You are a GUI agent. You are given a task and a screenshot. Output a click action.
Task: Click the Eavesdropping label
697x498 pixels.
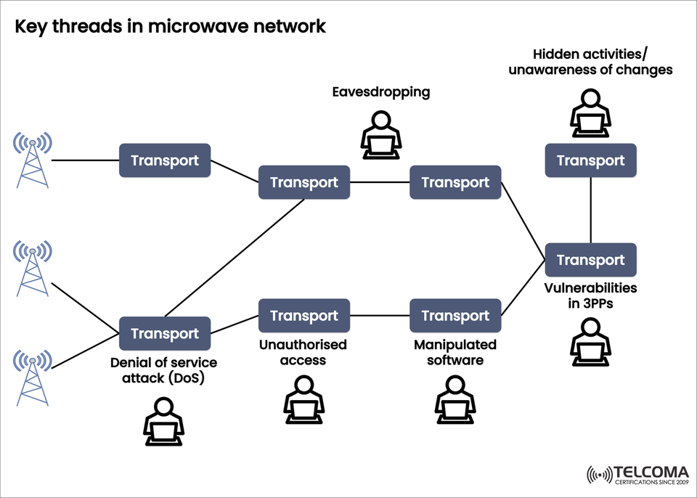380,92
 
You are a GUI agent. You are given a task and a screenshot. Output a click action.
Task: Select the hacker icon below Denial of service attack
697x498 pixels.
163,422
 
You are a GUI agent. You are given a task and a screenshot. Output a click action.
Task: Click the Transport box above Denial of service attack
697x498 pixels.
165,334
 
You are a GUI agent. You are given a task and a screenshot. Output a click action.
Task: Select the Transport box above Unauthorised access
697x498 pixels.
303,316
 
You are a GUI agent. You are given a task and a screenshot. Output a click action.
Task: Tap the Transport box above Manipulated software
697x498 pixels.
455,316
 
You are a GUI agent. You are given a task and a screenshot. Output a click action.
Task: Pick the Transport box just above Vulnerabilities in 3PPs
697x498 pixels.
590,261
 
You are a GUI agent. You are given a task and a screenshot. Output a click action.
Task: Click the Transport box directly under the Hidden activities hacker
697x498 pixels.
590,160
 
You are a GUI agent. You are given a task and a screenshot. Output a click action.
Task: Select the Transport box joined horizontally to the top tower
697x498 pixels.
165,160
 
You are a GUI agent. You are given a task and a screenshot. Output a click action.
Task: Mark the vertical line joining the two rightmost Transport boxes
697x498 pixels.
590,211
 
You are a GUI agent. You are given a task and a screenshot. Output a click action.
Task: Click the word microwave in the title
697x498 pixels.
228,26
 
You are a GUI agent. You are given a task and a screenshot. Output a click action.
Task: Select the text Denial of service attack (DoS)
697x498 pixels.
163,369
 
